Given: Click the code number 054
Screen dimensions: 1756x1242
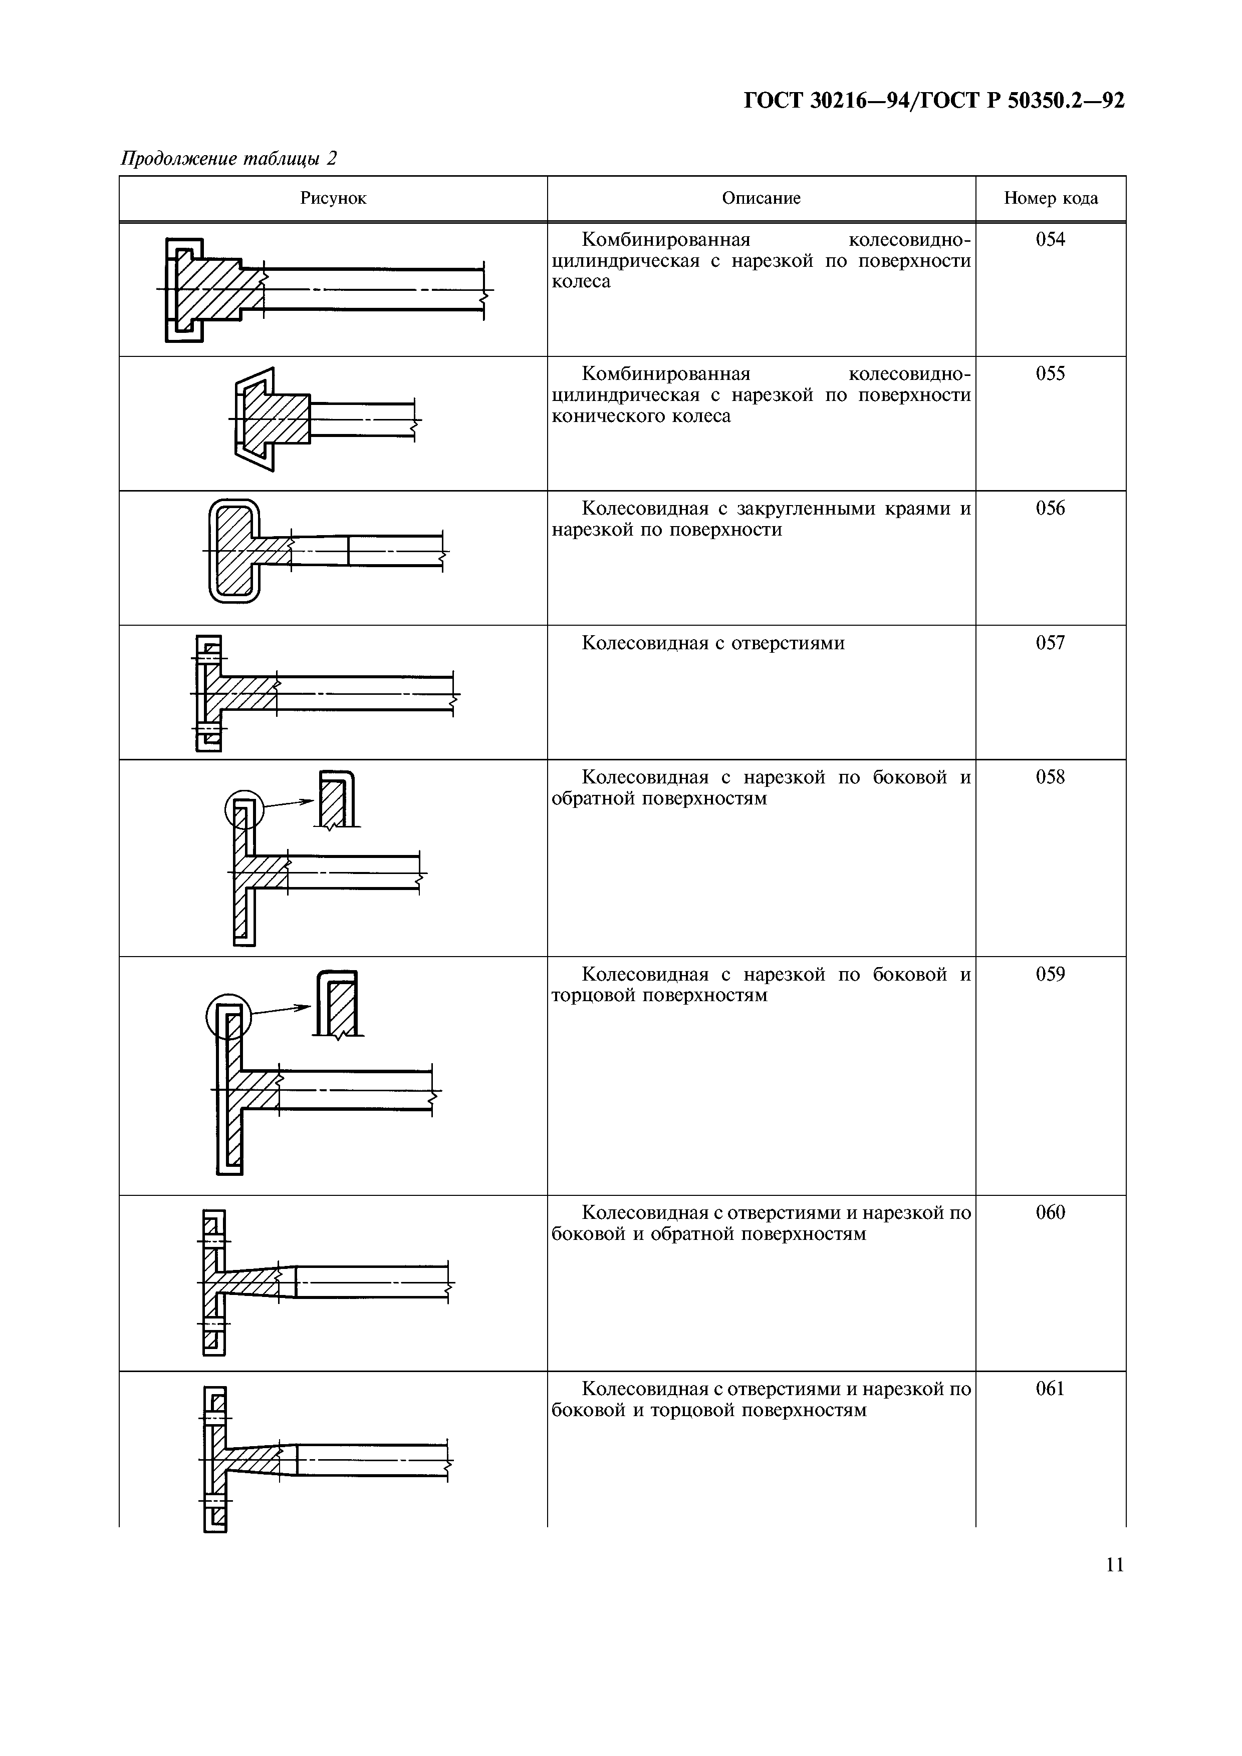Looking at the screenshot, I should point(1050,239).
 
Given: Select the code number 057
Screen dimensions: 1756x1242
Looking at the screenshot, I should point(1050,642).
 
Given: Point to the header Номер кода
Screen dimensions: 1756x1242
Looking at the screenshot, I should point(1051,198).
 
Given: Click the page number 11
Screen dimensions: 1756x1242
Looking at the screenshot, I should point(1115,1565).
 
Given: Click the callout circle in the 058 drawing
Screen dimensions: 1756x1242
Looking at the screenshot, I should point(243,808).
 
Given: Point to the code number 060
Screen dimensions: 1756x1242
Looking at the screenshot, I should point(1050,1213).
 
